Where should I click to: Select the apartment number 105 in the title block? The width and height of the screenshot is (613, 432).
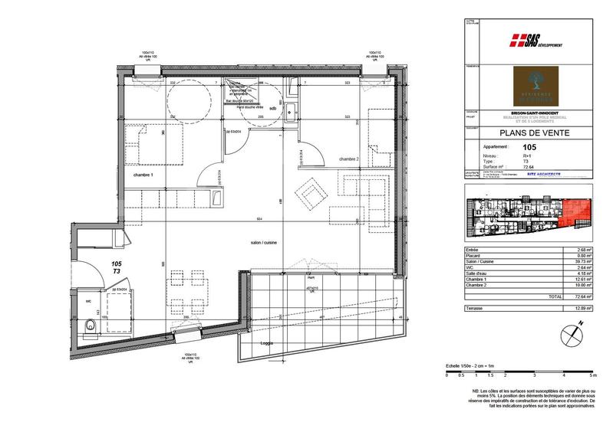click(529, 147)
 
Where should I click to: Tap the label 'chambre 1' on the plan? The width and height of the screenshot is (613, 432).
click(142, 176)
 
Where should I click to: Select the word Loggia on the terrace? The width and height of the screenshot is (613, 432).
click(266, 344)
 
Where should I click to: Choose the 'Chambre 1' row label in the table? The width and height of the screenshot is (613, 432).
click(480, 279)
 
